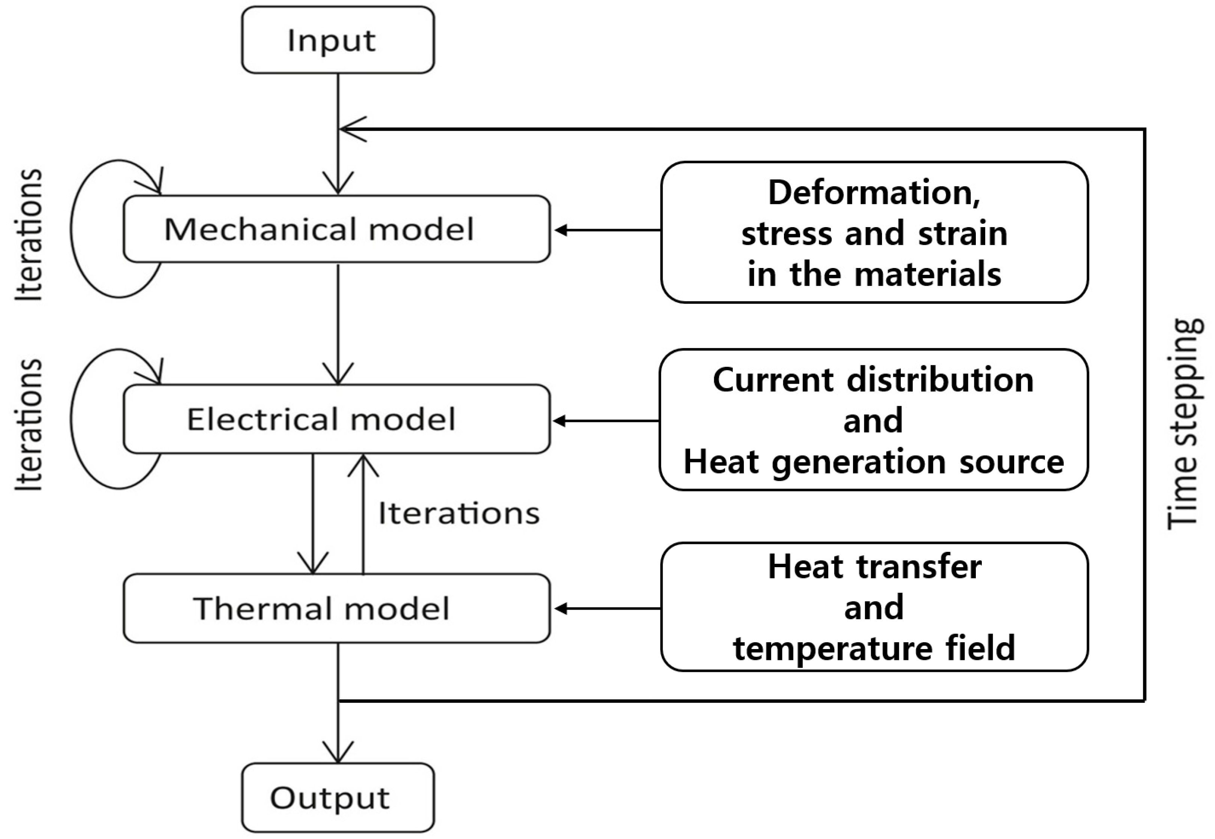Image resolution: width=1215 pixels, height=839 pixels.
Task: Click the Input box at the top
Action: pos(338,40)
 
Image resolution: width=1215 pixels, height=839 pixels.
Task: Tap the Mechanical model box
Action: pos(336,229)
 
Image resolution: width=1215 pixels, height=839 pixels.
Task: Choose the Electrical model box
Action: pos(336,419)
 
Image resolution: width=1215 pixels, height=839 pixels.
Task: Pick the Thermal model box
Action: pos(336,608)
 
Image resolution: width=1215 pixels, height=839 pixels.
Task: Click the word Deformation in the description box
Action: pos(874,193)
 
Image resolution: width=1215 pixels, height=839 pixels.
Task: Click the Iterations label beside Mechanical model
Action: pos(29,235)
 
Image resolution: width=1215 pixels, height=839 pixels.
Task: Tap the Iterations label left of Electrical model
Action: pos(29,425)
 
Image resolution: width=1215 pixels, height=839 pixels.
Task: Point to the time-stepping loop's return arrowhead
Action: pos(351,129)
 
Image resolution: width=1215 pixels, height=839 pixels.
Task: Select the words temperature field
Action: pos(874,648)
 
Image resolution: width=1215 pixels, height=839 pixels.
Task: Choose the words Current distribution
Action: pos(873,380)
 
